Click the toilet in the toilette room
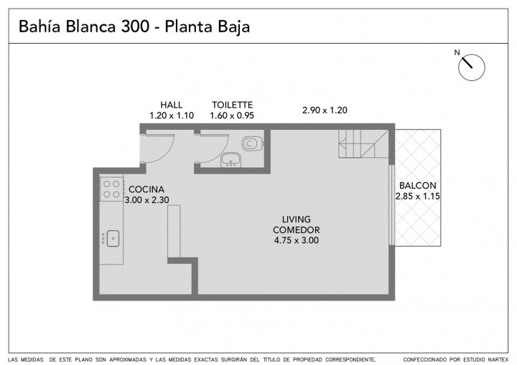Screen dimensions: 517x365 point(252,143)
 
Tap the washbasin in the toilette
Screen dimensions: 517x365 point(230,159)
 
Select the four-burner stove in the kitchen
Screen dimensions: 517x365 point(111,189)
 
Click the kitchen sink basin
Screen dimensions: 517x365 point(113,238)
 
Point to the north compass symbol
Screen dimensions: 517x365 point(472,67)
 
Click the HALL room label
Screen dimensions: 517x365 point(172,105)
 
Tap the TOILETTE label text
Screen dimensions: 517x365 point(232,105)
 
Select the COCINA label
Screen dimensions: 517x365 point(146,189)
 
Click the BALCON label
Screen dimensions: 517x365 point(418,186)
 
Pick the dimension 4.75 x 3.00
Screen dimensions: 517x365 point(297,240)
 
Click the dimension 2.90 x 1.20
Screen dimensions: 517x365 point(325,110)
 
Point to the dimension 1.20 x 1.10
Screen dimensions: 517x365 point(172,115)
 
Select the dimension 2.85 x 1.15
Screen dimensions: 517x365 point(418,196)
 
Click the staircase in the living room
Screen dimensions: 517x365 point(363,143)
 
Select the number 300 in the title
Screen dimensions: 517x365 point(135,27)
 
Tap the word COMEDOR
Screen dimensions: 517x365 point(297,229)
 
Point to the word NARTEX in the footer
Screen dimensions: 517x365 point(498,359)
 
